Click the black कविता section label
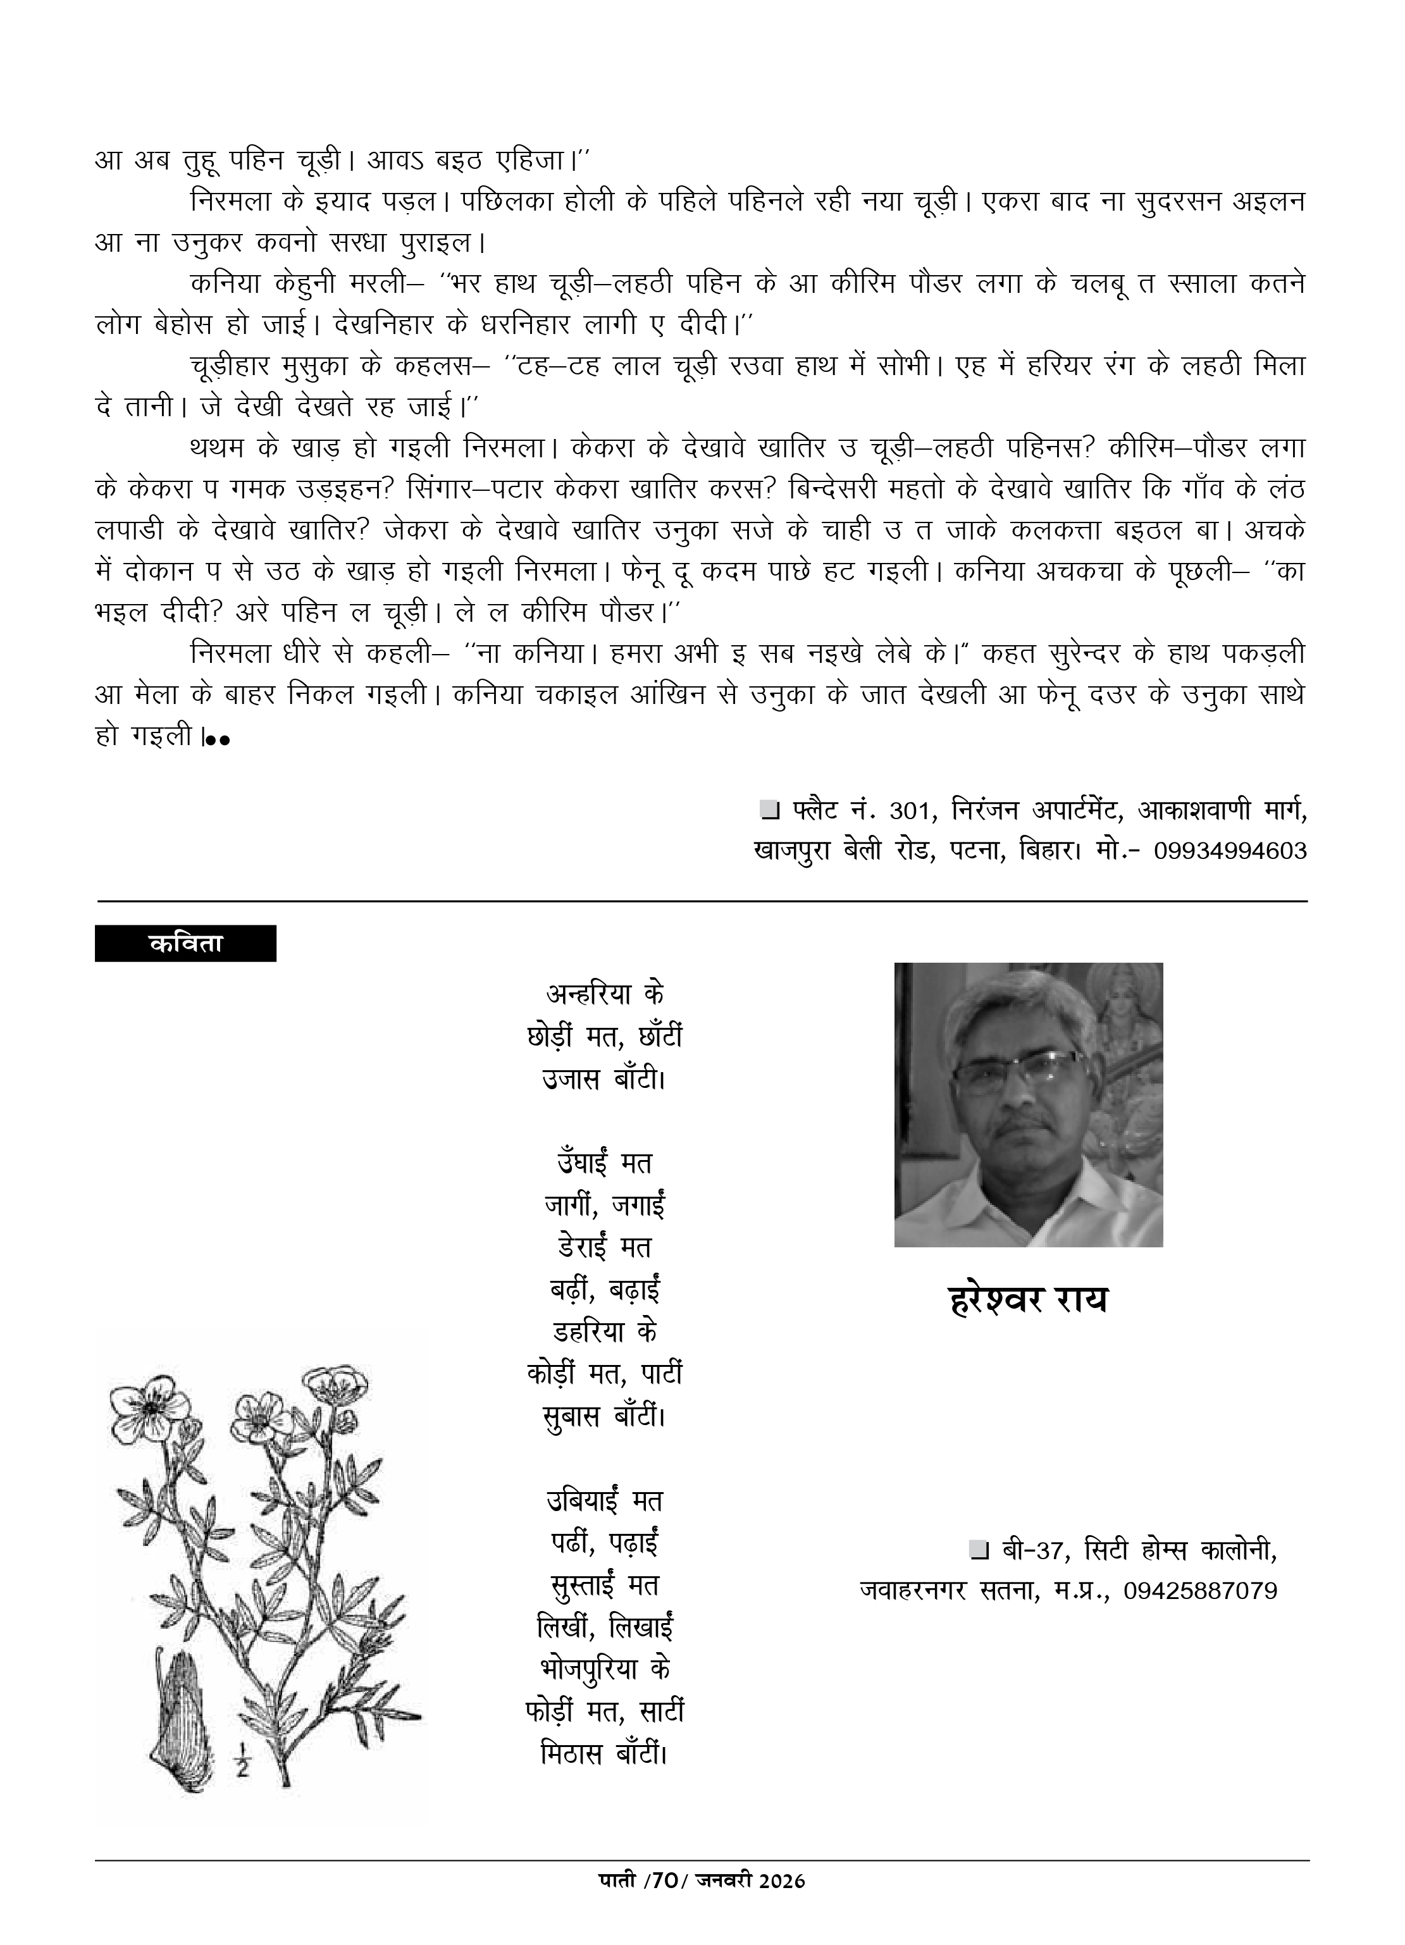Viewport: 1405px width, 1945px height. [185, 942]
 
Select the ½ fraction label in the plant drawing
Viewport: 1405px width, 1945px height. [241, 1762]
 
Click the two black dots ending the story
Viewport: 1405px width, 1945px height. [218, 739]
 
